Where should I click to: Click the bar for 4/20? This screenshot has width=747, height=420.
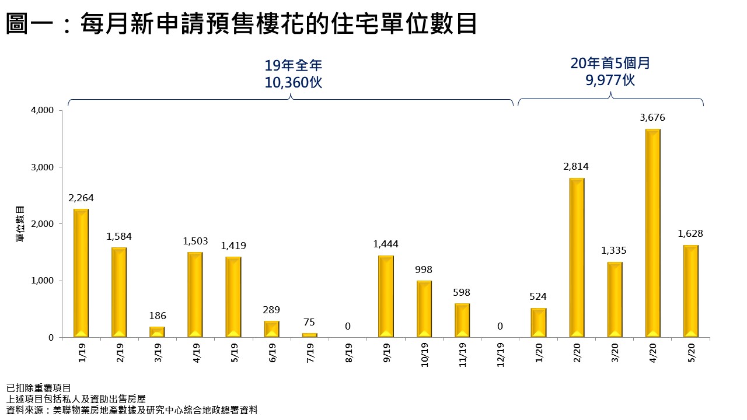pyautogui.click(x=652, y=233)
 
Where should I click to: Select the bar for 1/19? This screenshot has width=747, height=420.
pyautogui.click(x=81, y=273)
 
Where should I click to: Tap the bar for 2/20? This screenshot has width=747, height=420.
pyautogui.click(x=577, y=258)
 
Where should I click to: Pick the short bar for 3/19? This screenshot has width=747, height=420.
pyautogui.click(x=158, y=332)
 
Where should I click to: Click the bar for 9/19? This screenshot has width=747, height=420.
pyautogui.click(x=386, y=296)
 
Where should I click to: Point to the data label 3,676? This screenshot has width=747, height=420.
pyautogui.click(x=652, y=118)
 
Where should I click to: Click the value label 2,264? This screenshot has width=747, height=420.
pyautogui.click(x=81, y=198)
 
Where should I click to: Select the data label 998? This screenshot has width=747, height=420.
pyautogui.click(x=424, y=270)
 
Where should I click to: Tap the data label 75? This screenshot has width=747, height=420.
pyautogui.click(x=310, y=323)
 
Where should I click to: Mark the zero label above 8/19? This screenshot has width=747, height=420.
pyautogui.click(x=348, y=327)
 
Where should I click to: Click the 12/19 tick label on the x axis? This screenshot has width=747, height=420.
pyautogui.click(x=501, y=353)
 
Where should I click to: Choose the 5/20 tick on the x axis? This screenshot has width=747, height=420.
pyautogui.click(x=691, y=352)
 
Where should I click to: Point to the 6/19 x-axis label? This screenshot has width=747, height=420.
pyautogui.click(x=272, y=352)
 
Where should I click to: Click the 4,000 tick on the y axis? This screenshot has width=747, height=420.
pyautogui.click(x=41, y=110)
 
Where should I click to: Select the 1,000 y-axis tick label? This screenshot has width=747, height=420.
pyautogui.click(x=41, y=281)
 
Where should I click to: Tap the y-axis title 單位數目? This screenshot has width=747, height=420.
pyautogui.click(x=20, y=224)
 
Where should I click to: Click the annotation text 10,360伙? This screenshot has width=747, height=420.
pyautogui.click(x=293, y=83)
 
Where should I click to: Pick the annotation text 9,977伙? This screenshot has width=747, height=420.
pyautogui.click(x=610, y=79)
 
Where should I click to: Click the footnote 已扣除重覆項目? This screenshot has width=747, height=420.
pyautogui.click(x=39, y=388)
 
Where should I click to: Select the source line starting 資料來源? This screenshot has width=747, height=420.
pyautogui.click(x=132, y=410)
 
